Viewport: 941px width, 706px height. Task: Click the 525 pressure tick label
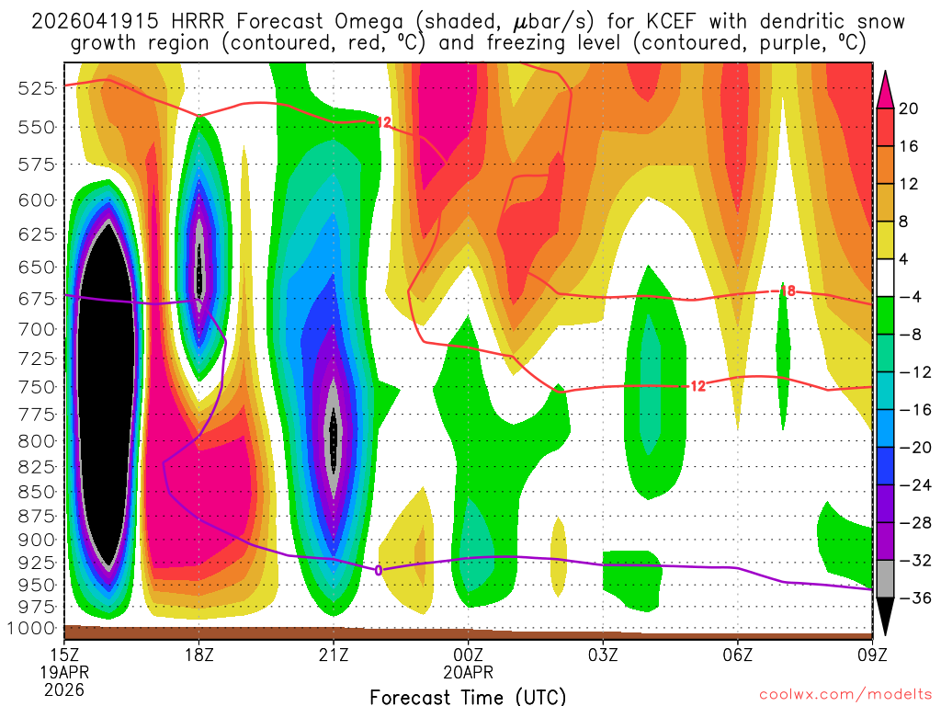point(36,88)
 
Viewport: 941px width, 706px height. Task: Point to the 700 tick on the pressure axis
point(36,328)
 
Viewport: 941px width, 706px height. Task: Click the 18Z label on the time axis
point(199,656)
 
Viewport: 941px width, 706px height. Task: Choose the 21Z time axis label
point(334,656)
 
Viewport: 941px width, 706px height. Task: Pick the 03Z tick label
point(603,656)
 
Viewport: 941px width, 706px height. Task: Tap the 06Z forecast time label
point(738,656)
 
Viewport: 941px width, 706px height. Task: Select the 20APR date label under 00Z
point(469,673)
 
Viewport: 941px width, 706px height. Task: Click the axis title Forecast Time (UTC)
point(468,696)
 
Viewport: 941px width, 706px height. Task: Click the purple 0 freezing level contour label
point(378,570)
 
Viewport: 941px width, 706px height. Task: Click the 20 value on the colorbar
point(909,108)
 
